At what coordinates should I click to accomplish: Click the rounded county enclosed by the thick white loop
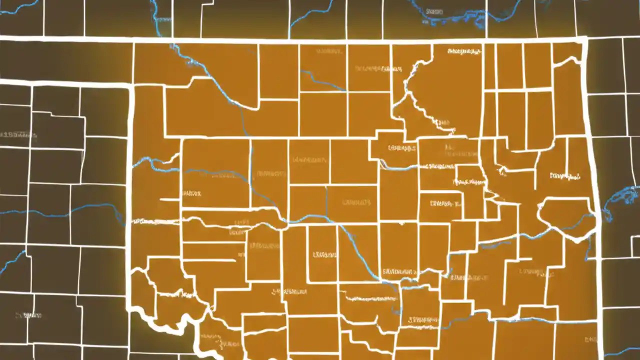pyautogui.click(x=565, y=215)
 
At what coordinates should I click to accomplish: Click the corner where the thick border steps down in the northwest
pyautogui.click(x=131, y=85)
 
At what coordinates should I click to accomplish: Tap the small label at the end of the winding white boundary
pyautogui.click(x=441, y=122)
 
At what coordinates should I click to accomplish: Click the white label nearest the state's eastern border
pyautogui.click(x=565, y=176)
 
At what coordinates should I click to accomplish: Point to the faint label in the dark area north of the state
pyautogui.click(x=434, y=11)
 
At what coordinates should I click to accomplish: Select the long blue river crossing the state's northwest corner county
pyautogui.click(x=210, y=75)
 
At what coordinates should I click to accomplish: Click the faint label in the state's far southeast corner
pyautogui.click(x=590, y=340)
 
